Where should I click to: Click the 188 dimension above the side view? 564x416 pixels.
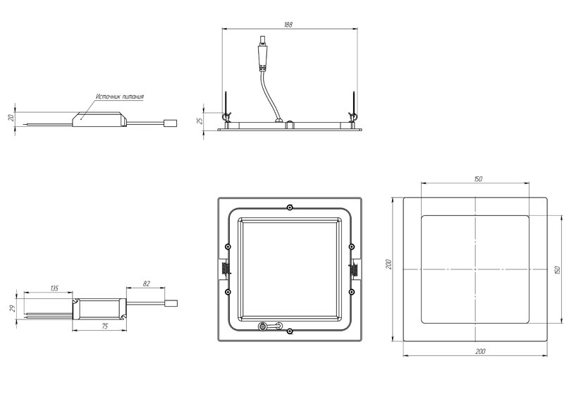288,25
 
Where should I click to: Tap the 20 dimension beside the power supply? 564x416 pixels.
11,118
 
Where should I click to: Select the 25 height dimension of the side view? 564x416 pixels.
200,121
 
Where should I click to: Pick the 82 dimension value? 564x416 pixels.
147,283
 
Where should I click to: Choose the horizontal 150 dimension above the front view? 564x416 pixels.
477,179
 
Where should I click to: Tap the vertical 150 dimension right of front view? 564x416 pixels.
557,269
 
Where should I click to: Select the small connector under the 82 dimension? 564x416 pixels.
170,304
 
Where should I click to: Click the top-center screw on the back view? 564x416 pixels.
290,207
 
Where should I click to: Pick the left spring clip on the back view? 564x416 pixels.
225,269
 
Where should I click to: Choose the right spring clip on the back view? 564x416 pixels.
354,269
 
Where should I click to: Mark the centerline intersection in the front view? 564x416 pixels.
476,269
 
